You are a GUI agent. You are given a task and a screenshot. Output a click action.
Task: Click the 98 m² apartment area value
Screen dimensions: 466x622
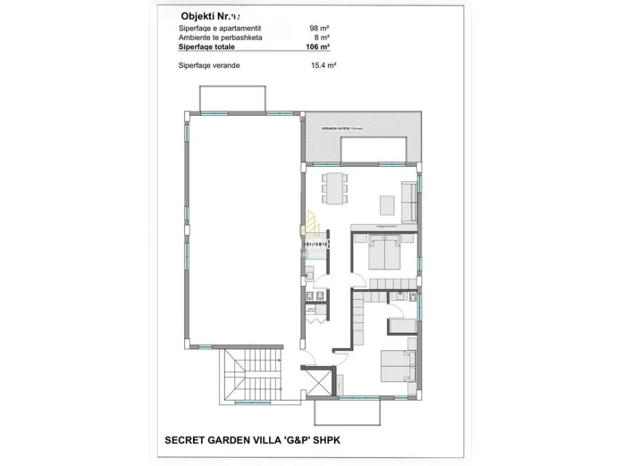[x=319, y=28]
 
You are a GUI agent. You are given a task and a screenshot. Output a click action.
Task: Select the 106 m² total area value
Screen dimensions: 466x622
[x=318, y=47]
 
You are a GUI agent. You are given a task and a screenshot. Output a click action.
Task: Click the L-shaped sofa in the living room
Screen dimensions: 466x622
[x=409, y=201]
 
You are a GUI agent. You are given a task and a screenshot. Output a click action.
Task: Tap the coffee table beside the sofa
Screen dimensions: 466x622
[x=387, y=205]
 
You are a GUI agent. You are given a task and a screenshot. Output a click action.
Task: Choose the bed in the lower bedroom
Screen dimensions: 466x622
[x=397, y=365]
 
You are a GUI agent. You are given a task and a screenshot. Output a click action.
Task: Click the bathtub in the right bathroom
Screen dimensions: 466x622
[x=400, y=327]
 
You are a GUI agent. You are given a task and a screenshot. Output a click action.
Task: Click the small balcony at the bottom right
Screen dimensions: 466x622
[x=346, y=412]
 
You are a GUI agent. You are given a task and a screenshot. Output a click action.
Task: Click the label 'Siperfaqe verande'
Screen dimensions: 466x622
[x=209, y=65]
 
